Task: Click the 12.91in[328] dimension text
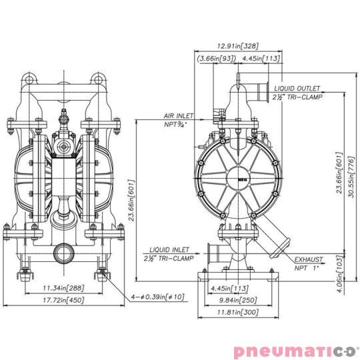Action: [238, 46]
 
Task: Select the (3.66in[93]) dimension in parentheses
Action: [216, 59]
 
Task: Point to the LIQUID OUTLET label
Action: [296, 88]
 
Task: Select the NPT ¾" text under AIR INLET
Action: [176, 124]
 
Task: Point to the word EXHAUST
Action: [309, 259]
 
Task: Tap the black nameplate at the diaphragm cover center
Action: [241, 177]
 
